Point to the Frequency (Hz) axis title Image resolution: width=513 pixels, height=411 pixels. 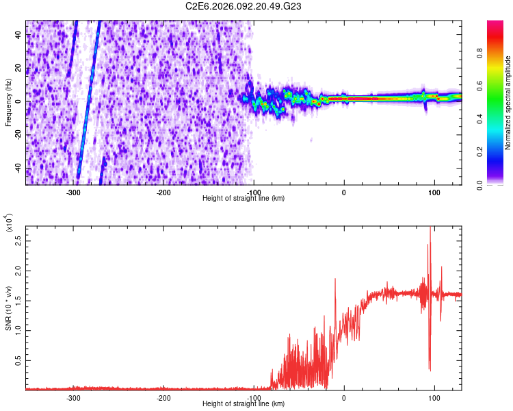click(8, 103)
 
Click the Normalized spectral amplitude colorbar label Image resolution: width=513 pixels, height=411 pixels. click(508, 103)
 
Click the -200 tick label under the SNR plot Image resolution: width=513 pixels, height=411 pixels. click(163, 398)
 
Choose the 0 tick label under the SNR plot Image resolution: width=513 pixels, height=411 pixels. click(344, 398)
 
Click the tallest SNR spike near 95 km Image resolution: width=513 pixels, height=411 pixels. click(430, 229)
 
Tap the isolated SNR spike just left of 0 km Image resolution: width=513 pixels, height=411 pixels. click(335, 279)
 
